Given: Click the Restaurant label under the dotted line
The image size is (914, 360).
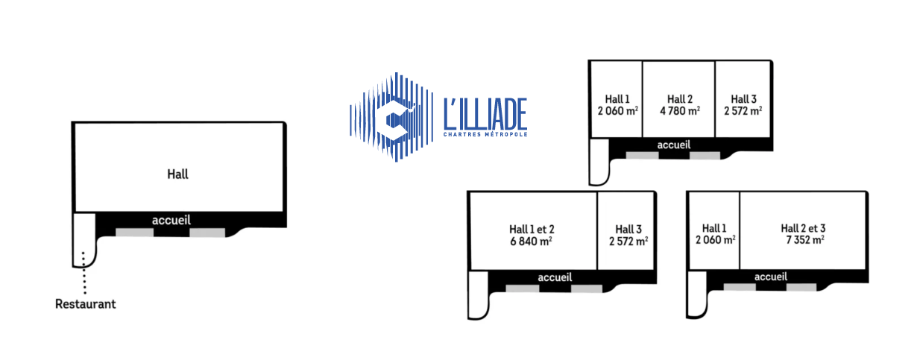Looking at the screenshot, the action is coord(86,304).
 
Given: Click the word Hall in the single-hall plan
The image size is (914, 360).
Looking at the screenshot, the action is coord(177,174).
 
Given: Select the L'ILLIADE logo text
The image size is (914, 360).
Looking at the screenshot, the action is coord(485,114).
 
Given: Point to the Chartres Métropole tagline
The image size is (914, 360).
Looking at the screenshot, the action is coord(485,135).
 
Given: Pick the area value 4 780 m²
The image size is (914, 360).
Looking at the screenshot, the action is coord(679,111).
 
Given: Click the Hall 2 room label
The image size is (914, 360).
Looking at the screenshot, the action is coord(679,99).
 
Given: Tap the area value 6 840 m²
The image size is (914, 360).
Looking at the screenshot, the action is coord(531,241).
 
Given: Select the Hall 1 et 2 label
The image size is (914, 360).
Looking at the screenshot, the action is coord(531,229).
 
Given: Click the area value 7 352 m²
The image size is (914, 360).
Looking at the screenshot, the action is coord(804,240).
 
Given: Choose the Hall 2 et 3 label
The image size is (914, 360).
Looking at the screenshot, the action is coord(803,228).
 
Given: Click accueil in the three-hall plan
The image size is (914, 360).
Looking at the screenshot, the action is coord(674,145).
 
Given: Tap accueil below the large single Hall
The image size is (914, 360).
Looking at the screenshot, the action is coord(171,220).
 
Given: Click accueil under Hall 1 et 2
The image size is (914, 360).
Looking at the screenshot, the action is coord(555,277).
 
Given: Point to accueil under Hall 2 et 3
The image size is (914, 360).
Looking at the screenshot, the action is coord(772,277).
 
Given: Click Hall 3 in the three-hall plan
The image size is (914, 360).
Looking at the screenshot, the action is coord(743,99).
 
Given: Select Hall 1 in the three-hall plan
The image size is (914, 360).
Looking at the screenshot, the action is coord(617,99).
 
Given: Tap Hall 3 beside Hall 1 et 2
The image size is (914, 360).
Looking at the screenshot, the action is coord(628,229).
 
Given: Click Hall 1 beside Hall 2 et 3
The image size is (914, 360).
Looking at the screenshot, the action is coord(713,228).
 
